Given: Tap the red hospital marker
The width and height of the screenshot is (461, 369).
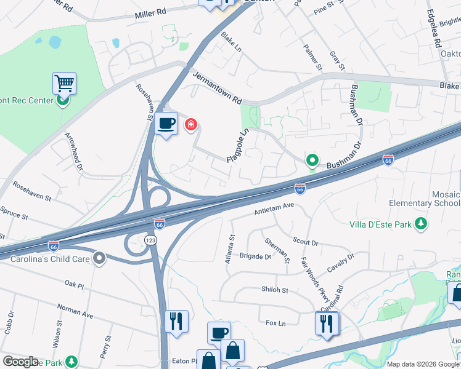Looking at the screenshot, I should pyautogui.click(x=191, y=125).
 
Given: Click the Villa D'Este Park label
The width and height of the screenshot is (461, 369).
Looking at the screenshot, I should pyautogui.click(x=380, y=224).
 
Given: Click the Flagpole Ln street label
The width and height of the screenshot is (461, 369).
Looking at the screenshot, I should pyautogui.click(x=237, y=146).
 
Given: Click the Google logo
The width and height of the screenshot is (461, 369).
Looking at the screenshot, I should pyautogui.click(x=20, y=362).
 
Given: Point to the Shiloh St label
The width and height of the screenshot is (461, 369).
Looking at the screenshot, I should pyautogui.click(x=275, y=290).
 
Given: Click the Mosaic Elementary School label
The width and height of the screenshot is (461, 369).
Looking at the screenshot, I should pyautogui.click(x=424, y=198).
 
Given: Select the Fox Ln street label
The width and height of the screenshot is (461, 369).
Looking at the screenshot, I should pyautogui.click(x=275, y=323).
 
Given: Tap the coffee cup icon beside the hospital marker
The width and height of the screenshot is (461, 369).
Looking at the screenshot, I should pyautogui.click(x=166, y=124).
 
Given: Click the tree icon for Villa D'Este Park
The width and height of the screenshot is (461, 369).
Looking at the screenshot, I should pyautogui.click(x=422, y=223).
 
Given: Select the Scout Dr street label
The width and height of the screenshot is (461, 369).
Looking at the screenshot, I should pyautogui.click(x=305, y=242).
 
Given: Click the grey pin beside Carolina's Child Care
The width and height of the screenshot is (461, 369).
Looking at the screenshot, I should pyautogui.click(x=99, y=258).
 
